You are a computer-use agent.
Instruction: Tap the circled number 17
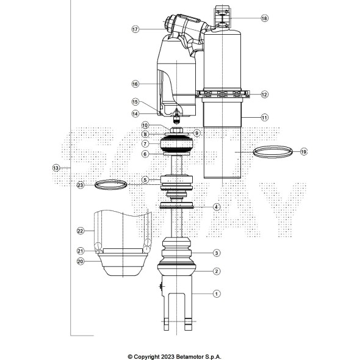point(135,29)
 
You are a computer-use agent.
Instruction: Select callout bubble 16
point(135,84)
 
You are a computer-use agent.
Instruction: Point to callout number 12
point(264,95)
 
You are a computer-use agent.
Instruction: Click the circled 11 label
point(264,117)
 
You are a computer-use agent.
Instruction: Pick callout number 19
point(303,151)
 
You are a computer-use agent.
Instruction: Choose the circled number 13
point(56,167)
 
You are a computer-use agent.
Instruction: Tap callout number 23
point(80,184)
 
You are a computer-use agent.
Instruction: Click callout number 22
point(80,231)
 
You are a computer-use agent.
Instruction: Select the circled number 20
point(80,261)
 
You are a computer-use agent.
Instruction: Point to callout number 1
point(216,293)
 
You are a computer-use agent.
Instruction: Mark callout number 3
point(216,253)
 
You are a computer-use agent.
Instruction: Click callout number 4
point(216,207)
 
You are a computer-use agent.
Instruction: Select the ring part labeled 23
point(111,184)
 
